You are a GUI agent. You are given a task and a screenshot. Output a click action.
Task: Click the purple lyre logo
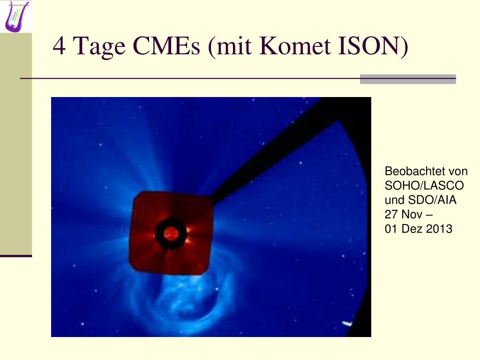click(x=15, y=16)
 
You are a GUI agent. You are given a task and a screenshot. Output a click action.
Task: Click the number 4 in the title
click(x=59, y=46)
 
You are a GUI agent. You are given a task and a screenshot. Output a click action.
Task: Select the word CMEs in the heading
click(x=166, y=46)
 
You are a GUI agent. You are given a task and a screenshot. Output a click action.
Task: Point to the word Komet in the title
click(x=295, y=46)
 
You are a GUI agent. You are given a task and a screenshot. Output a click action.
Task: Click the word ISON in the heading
click(x=370, y=46)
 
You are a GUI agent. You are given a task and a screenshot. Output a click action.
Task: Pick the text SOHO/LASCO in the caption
click(x=424, y=186)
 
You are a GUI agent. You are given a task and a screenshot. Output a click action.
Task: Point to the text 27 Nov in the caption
click(x=404, y=214)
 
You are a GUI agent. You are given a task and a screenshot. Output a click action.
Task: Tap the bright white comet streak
click(x=346, y=323)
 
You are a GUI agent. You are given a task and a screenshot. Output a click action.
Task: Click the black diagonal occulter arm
click(x=276, y=153)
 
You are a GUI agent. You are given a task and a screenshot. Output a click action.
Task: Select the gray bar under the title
click(x=408, y=79)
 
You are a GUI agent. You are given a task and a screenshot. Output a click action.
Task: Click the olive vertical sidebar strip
click(x=16, y=144)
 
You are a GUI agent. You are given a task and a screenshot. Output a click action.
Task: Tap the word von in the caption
click(x=458, y=171)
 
